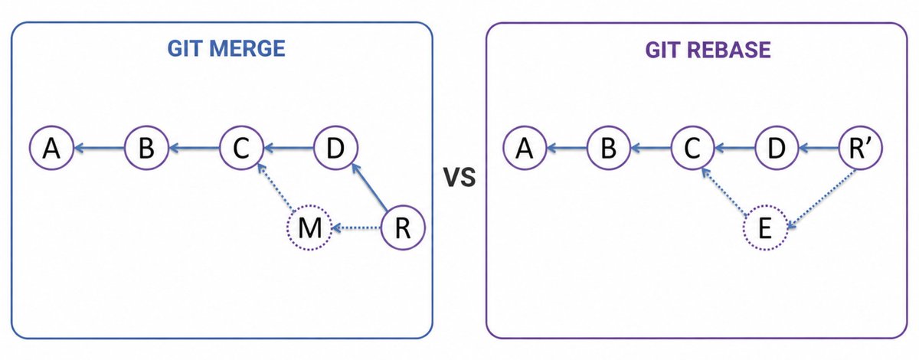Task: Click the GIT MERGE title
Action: point(226,49)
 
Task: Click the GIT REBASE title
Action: point(708,50)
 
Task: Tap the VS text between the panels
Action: point(459,178)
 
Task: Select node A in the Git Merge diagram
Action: point(52,148)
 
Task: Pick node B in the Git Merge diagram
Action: point(146,148)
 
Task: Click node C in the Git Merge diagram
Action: point(241,148)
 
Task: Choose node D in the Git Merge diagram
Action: point(335,148)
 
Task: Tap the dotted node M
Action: point(309,227)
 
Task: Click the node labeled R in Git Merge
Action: point(403,227)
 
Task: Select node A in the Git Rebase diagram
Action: point(525,148)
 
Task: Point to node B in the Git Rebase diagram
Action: point(608,148)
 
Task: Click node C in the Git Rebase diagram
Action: point(692,148)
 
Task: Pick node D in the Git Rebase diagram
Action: point(777,148)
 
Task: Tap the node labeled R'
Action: point(860,148)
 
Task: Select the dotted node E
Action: point(765,227)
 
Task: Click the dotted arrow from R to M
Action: point(357,227)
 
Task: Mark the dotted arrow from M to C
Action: point(275,187)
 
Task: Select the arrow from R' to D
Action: point(819,148)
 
